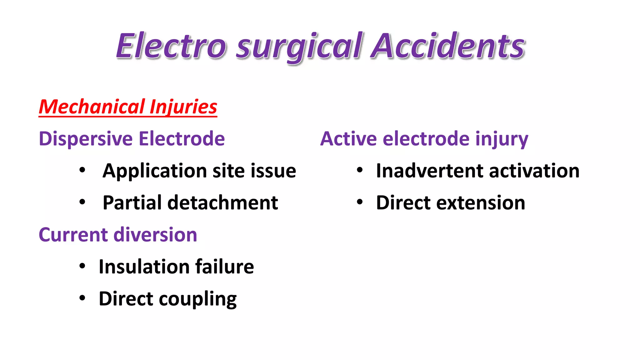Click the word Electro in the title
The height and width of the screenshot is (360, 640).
coord(171,46)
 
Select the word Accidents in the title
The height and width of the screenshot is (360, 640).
coord(448,46)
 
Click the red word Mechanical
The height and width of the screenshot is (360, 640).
coord(92,107)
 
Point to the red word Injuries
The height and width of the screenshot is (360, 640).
coord(183,107)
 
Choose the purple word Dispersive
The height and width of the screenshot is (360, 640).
coord(86,139)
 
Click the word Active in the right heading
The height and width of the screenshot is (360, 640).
coord(348,139)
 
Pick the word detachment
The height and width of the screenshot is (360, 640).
coord(222,203)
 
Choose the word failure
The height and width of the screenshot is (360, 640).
coord(224,267)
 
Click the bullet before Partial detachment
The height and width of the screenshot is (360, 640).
coord(82,202)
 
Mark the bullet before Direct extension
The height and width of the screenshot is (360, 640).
coord(360,202)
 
